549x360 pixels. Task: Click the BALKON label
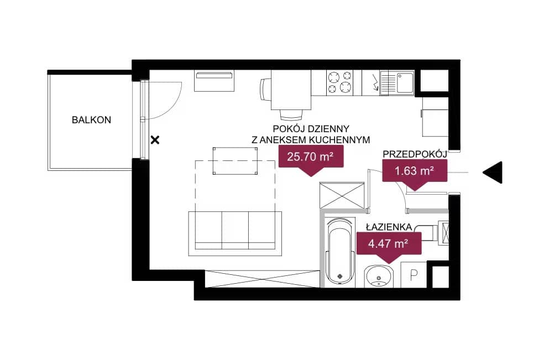click(x=91, y=120)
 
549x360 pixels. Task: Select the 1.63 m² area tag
click(x=415, y=173)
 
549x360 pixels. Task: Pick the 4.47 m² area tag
click(x=389, y=246)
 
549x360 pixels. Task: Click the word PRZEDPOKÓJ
click(x=415, y=154)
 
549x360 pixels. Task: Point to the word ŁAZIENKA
click(x=389, y=227)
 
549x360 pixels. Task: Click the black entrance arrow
click(x=493, y=173)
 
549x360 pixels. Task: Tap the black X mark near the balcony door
click(x=155, y=140)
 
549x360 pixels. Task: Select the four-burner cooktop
click(x=339, y=82)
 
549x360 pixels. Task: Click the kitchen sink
click(x=397, y=82)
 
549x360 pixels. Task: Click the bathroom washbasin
click(x=378, y=276)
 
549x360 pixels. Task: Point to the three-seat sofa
click(x=235, y=233)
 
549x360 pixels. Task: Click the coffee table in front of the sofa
click(x=236, y=161)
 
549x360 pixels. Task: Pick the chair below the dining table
click(x=291, y=114)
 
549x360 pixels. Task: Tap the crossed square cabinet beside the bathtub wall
click(x=342, y=195)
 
